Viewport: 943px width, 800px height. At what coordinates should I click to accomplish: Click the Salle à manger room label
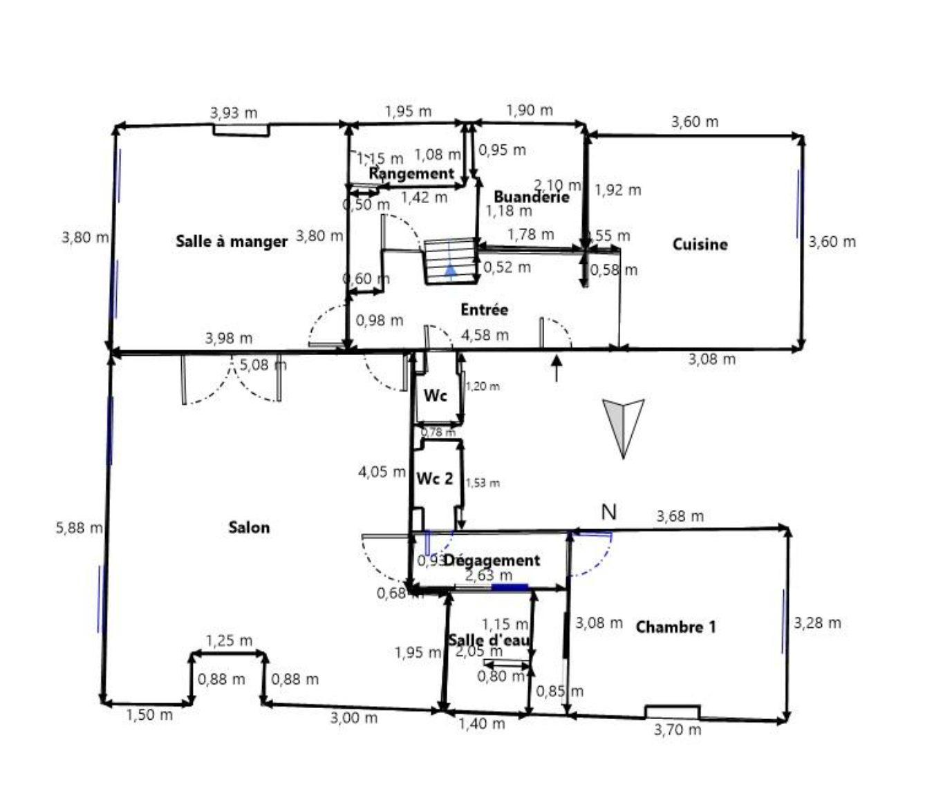point(231,242)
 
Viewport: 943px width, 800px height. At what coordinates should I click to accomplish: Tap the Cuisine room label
point(700,244)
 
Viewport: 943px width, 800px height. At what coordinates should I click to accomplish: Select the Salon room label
point(249,528)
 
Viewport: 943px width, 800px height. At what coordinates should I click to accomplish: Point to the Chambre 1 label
point(675,627)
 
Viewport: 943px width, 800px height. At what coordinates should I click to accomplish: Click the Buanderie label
point(531,197)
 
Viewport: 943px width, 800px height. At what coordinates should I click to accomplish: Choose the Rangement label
point(411,173)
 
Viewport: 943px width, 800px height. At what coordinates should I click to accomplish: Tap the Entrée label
point(484,309)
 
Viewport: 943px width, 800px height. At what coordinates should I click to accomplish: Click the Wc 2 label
point(435,478)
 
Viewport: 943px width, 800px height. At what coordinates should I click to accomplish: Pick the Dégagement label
point(491,560)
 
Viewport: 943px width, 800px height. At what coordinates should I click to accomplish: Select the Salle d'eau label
point(489,640)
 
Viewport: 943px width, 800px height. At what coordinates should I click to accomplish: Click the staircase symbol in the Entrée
point(450,260)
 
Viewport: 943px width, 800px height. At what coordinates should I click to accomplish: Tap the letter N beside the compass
point(608,512)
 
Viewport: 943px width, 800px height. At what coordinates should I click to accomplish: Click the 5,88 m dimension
point(79,528)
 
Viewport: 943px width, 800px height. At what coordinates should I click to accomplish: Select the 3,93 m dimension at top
point(234,112)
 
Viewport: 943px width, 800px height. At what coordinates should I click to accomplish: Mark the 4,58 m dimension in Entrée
point(485,335)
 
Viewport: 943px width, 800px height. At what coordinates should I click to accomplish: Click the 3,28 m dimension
point(817,623)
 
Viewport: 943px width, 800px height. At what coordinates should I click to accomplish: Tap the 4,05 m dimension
point(382,473)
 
